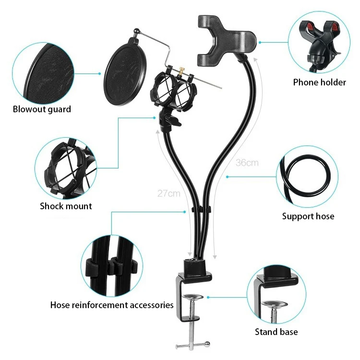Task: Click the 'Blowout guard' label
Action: point(42,109)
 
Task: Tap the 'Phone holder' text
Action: point(319,83)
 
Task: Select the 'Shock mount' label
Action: point(66,206)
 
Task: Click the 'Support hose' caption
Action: point(308,216)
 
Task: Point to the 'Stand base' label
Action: point(276,332)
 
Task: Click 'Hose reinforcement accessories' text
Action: point(112,305)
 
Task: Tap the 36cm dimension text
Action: point(247,163)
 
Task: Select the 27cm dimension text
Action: point(168,194)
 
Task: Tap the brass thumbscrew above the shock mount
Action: point(183,71)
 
